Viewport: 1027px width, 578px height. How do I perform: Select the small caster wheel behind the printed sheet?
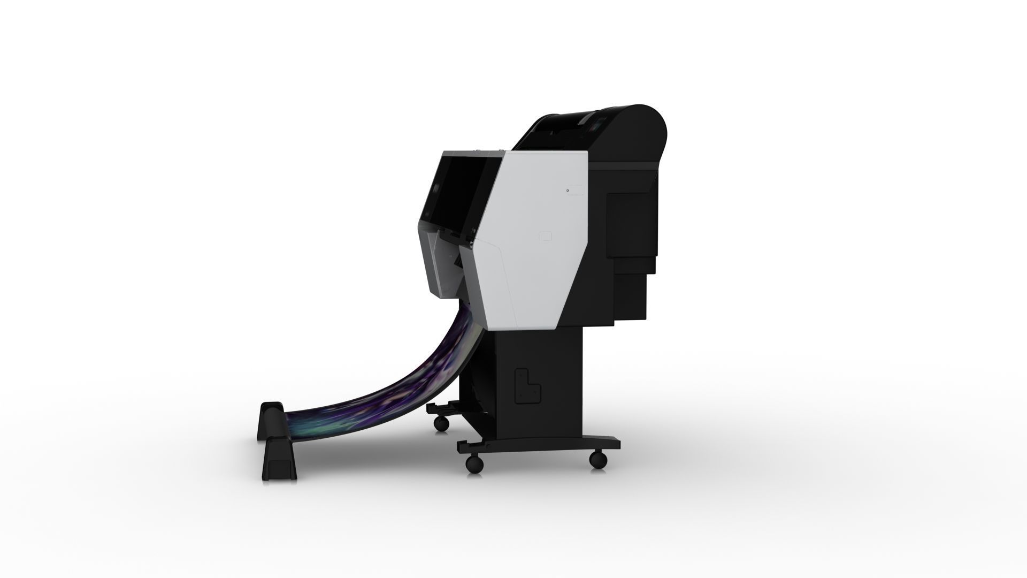[x=441, y=423]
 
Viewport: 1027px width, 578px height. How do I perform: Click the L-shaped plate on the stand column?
[x=527, y=385]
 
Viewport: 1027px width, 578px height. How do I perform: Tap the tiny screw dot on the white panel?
[x=567, y=190]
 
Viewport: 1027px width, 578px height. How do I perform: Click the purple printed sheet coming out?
[x=396, y=375]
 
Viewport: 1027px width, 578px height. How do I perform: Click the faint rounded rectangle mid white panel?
[x=546, y=236]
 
